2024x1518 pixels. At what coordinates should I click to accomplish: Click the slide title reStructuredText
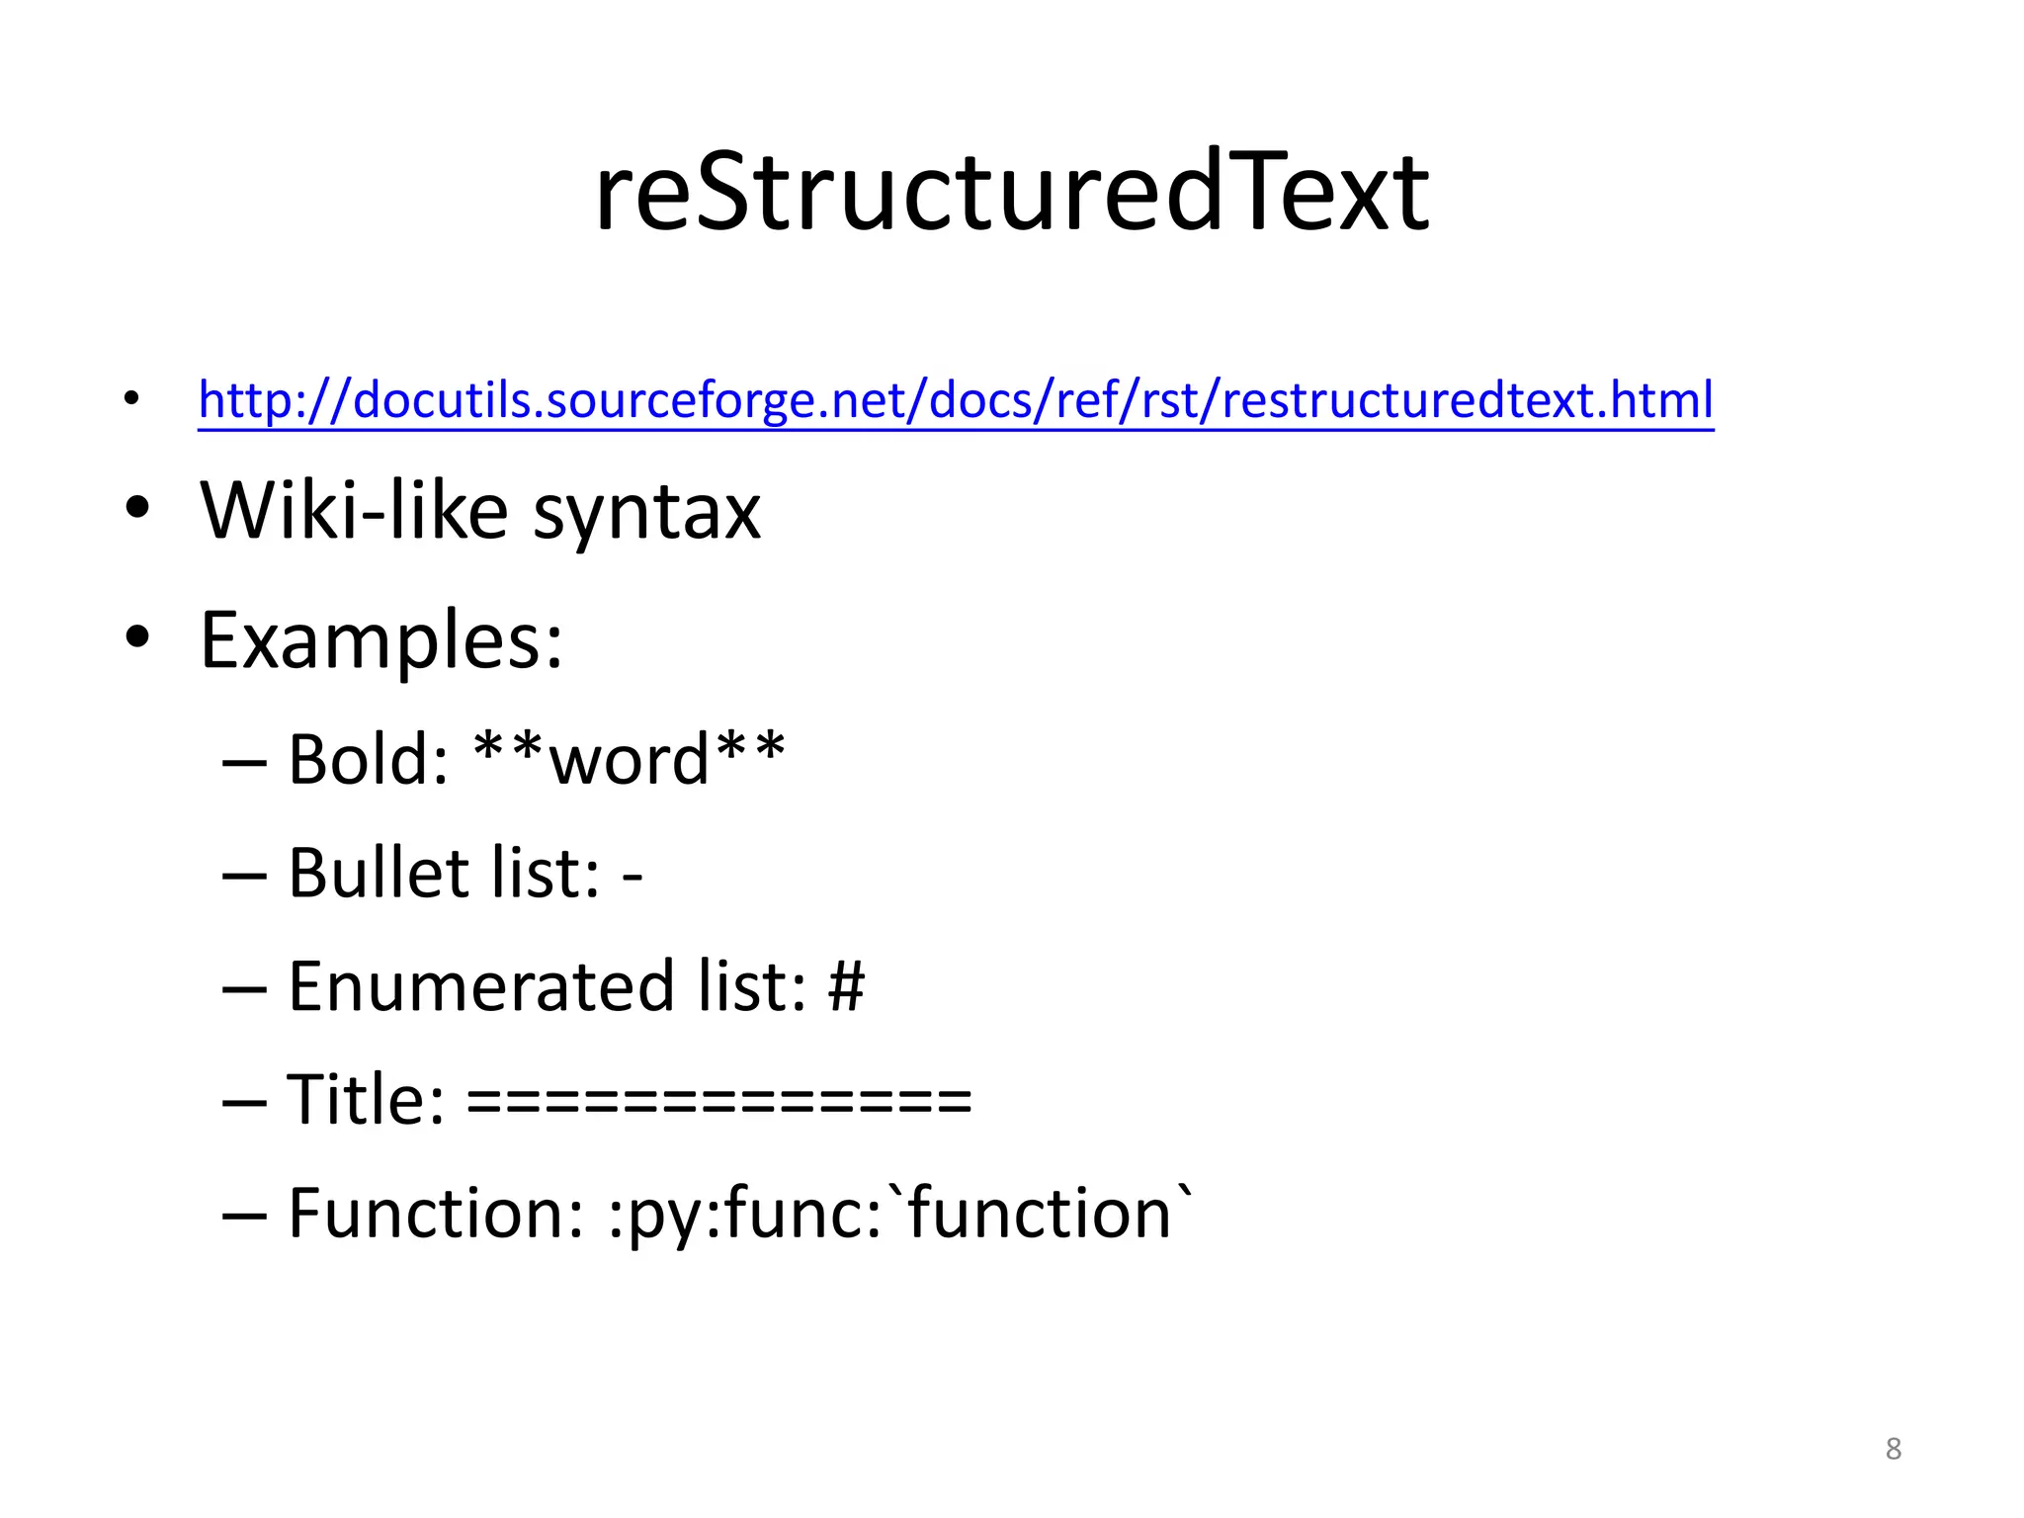[x=1011, y=193]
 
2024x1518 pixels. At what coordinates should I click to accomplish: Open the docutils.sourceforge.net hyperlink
[x=956, y=400]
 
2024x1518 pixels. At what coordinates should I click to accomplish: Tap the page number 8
[x=1893, y=1449]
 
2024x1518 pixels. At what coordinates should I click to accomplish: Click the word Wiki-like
[x=354, y=511]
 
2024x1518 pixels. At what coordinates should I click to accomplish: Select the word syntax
[x=646, y=514]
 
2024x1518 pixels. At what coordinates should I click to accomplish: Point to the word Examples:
[x=381, y=640]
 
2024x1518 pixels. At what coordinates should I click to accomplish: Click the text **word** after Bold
[x=630, y=759]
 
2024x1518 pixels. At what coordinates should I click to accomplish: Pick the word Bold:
[x=369, y=759]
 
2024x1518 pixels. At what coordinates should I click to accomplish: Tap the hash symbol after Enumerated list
[x=847, y=986]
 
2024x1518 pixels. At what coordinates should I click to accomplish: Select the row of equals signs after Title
[x=719, y=1100]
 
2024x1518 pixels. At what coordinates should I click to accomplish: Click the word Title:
[x=365, y=1100]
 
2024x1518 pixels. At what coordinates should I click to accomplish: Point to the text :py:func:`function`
[x=900, y=1214]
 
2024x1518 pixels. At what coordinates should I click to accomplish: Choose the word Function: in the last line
[x=436, y=1214]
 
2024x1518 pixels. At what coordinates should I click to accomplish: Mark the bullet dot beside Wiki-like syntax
[x=137, y=508]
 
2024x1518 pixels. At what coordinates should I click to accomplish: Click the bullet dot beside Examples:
[x=137, y=637]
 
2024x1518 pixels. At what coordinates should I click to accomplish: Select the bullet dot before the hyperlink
[x=131, y=400]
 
